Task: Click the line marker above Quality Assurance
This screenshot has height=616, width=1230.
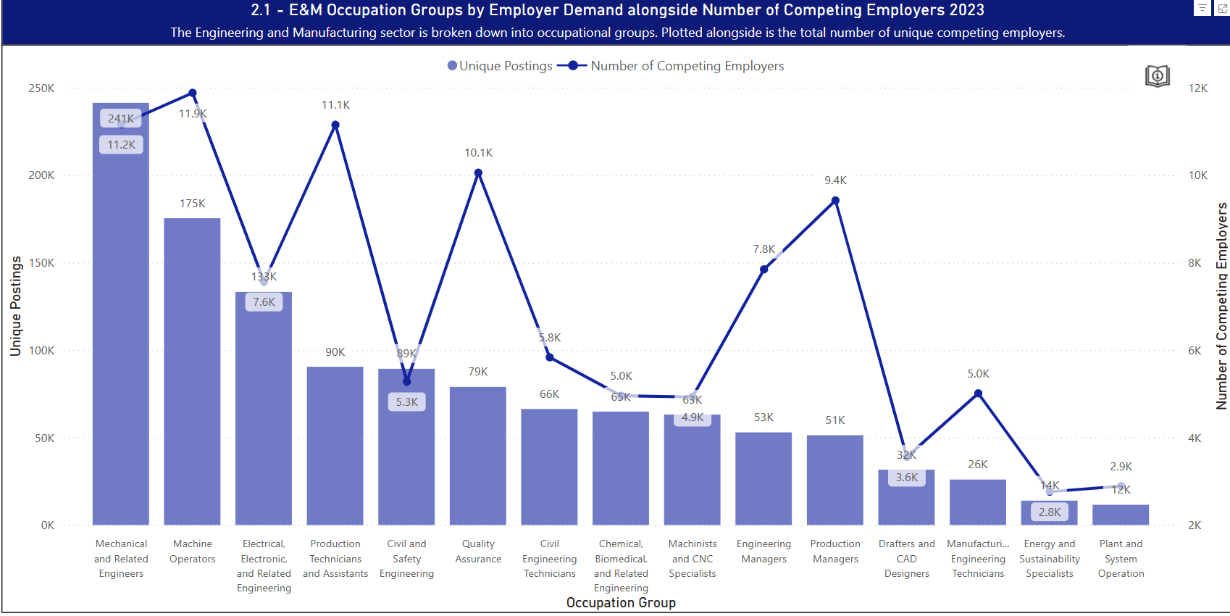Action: click(x=478, y=173)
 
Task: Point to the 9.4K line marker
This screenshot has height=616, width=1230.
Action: click(x=835, y=201)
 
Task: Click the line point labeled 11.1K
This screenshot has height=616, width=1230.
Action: click(x=335, y=125)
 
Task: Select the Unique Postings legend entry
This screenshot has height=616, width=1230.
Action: click(x=500, y=66)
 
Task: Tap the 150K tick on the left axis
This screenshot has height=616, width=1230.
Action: click(x=41, y=263)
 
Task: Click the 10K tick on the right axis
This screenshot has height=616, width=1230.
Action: click(x=1197, y=175)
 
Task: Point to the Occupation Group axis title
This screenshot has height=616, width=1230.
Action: click(x=621, y=603)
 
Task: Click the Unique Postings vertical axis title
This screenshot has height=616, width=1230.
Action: click(x=15, y=306)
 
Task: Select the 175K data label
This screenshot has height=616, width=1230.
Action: click(x=193, y=204)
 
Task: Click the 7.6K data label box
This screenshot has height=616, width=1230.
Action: click(x=264, y=302)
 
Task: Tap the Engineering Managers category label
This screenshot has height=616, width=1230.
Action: click(x=763, y=552)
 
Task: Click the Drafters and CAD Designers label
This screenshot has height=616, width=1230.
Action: click(x=906, y=559)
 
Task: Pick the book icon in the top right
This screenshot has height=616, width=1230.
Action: click(x=1157, y=75)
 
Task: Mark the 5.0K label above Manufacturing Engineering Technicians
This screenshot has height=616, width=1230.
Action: click(x=978, y=374)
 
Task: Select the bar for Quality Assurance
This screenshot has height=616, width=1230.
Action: click(x=478, y=456)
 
